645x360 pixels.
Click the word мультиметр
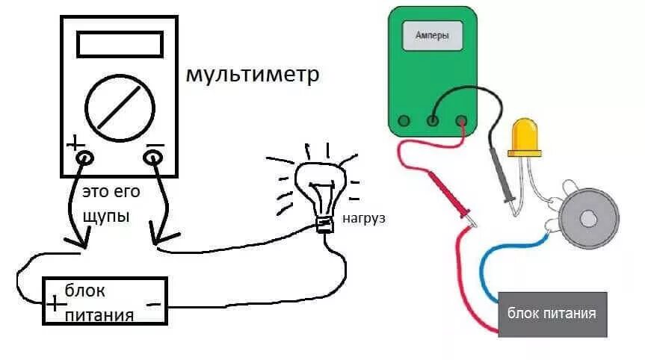(x=252, y=75)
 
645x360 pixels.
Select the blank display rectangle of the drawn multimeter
(x=120, y=44)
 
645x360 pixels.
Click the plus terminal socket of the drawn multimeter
(x=84, y=158)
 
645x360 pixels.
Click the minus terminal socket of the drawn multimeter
(x=153, y=157)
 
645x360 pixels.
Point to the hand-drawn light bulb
(x=321, y=187)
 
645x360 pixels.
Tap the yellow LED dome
(x=525, y=137)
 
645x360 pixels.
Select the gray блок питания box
(x=552, y=314)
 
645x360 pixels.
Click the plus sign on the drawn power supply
(x=55, y=304)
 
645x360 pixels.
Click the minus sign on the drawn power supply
(x=153, y=305)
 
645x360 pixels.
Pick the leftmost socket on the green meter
(x=404, y=120)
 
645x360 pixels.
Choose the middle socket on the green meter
(x=433, y=120)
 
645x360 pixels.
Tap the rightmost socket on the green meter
(x=461, y=120)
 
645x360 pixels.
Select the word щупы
(x=106, y=216)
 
